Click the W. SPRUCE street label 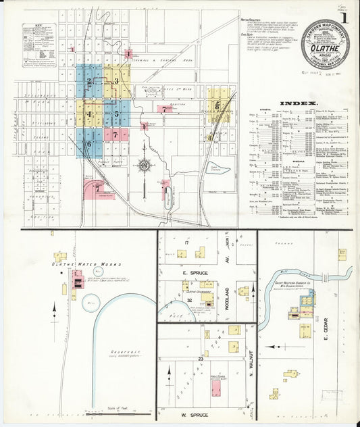click(194, 415)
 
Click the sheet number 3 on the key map click(116, 81)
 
